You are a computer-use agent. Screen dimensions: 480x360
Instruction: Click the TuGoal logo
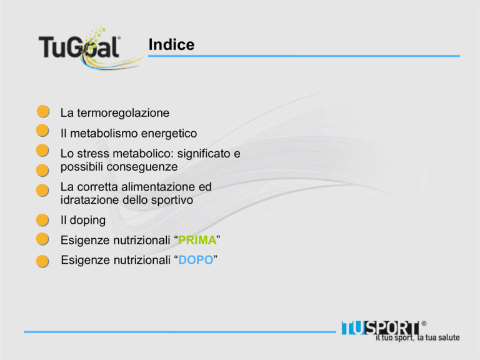91,48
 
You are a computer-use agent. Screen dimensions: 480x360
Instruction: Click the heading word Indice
171,45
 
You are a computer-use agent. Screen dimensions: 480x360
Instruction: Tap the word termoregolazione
123,113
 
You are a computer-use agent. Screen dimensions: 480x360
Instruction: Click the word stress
93,154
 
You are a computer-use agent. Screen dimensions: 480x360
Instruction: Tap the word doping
87,221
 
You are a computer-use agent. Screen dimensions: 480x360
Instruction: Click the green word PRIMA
197,240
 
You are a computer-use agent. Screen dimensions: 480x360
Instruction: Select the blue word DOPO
196,260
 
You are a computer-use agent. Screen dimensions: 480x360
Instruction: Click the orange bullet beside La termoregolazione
43,111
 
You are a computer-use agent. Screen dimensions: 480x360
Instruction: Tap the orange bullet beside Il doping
42,220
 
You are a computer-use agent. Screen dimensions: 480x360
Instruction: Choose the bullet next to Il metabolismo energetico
42,131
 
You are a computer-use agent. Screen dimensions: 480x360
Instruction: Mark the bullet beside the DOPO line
42,261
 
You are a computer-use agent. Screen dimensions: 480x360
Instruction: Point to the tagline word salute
449,337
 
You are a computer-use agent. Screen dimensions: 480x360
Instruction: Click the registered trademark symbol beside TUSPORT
424,323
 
